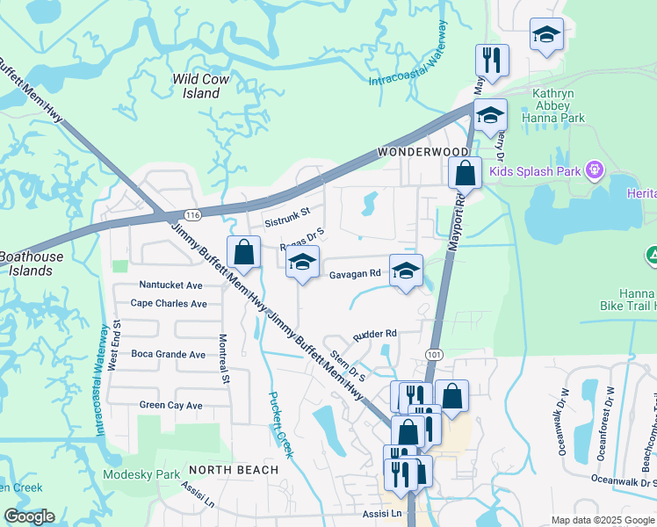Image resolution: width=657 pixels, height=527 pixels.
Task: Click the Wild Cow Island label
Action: coord(201,86)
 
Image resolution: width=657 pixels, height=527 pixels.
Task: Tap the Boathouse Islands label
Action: coord(25,263)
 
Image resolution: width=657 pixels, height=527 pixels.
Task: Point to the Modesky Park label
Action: coord(141,475)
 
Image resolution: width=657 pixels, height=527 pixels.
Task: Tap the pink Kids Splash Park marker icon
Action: coord(594,169)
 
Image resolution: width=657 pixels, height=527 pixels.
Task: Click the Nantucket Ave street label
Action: coord(171,285)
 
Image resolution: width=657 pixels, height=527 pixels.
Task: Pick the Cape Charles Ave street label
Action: coord(169,304)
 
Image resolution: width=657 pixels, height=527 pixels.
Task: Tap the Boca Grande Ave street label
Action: coord(168,355)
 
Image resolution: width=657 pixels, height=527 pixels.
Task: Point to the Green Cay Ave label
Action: coord(170,406)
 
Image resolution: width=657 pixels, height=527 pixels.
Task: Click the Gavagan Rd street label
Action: coord(355,274)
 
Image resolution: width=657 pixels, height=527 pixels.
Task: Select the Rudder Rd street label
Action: coord(375,334)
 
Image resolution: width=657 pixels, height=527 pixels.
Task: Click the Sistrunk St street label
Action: coord(288,212)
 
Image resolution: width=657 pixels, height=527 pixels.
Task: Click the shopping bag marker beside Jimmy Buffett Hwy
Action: coord(244,252)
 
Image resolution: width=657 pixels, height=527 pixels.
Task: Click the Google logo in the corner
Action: coord(29,516)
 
